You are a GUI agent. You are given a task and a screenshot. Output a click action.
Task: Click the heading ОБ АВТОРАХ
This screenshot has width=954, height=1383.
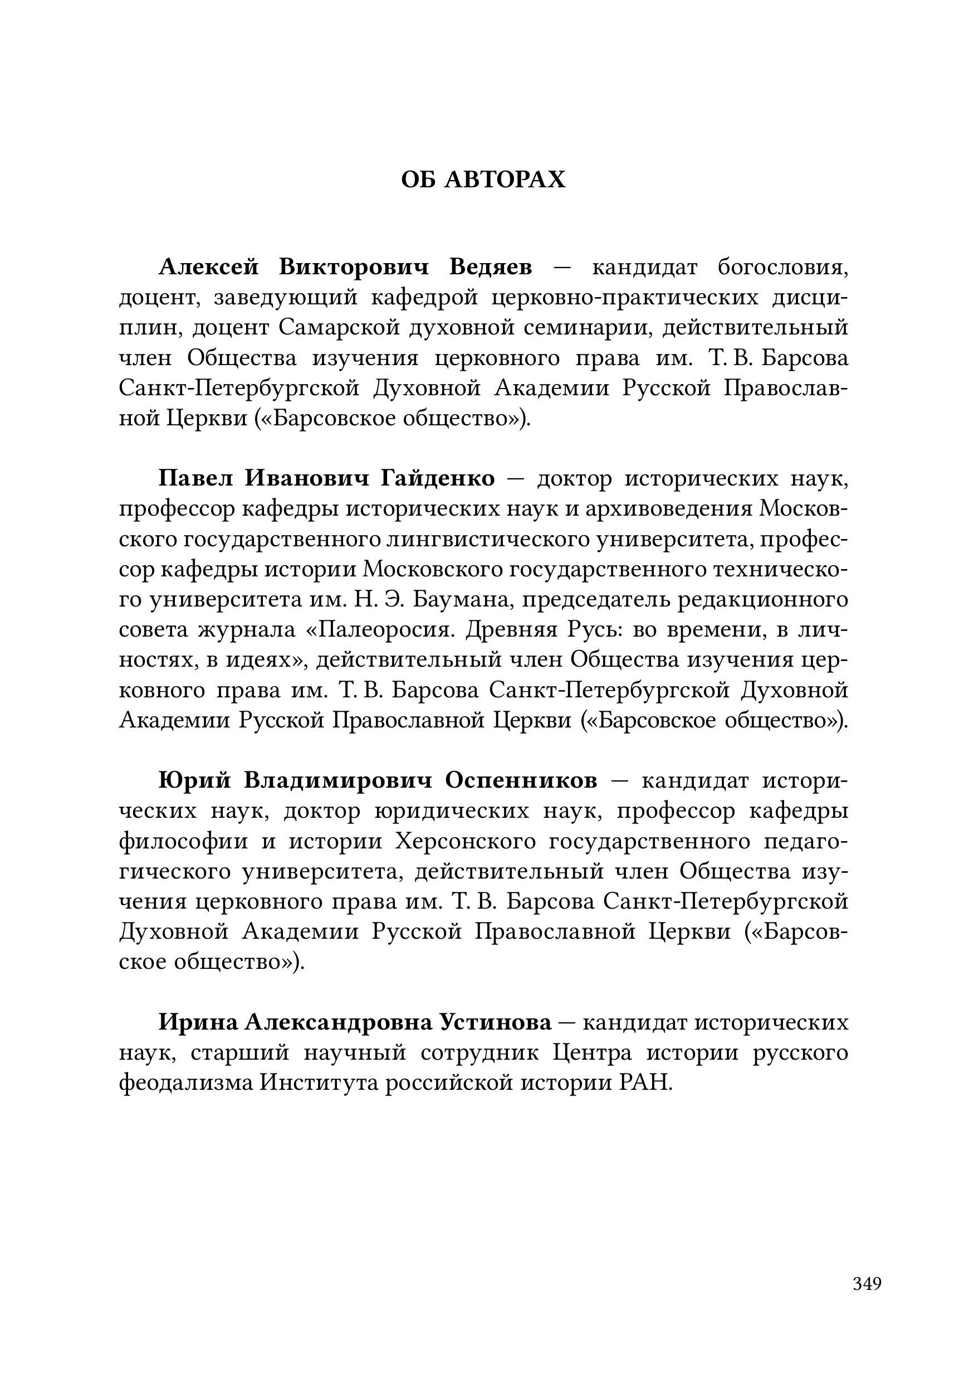tap(483, 179)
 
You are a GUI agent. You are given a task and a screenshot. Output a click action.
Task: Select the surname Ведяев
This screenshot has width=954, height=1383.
tap(490, 268)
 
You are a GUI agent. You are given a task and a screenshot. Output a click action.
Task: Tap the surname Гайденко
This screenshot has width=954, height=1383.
tap(437, 478)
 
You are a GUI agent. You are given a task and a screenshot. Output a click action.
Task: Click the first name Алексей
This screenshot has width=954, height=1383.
tap(209, 268)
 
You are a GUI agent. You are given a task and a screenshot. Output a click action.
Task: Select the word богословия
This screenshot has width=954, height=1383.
tap(783, 268)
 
